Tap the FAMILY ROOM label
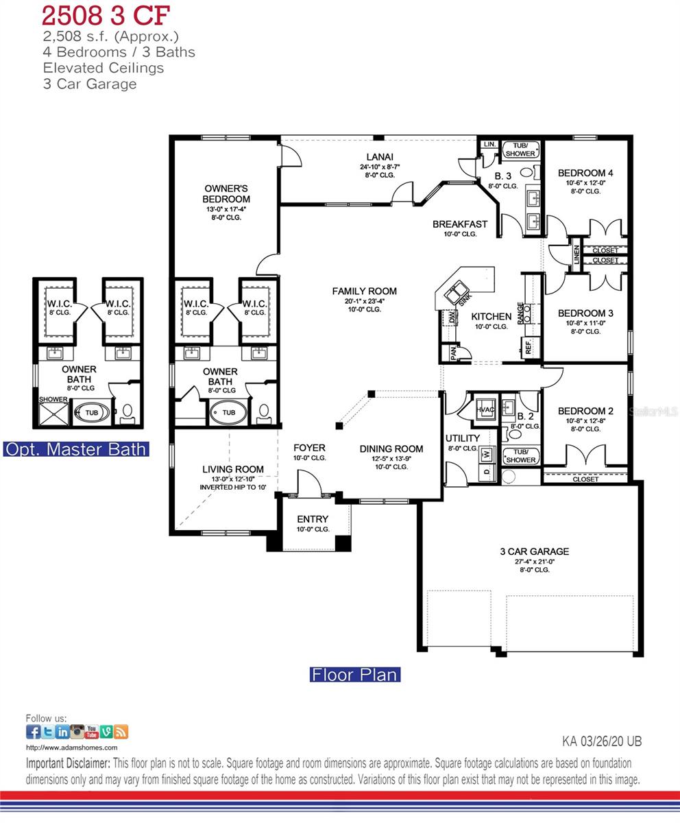(364, 291)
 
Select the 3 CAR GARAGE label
(534, 551)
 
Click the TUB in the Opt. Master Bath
(91, 413)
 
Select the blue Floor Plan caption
(354, 675)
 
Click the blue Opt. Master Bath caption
(75, 449)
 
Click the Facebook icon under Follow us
(33, 732)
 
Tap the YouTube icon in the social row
(91, 732)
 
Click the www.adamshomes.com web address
(71, 748)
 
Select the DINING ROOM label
(391, 449)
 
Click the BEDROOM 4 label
(585, 174)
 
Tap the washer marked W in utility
(487, 454)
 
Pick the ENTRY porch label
(313, 519)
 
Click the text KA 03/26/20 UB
(602, 741)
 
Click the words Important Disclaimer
(67, 763)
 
